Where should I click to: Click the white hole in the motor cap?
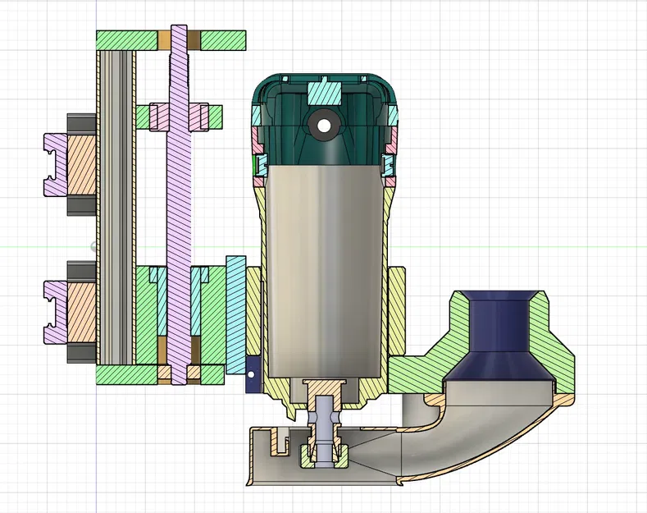tap(325, 126)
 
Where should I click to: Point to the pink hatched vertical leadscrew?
tap(178, 205)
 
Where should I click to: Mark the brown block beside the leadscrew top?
tap(194, 39)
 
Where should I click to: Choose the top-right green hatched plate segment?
tap(223, 39)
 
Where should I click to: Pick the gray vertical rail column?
tap(116, 205)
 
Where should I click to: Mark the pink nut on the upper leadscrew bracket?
tap(199, 117)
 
